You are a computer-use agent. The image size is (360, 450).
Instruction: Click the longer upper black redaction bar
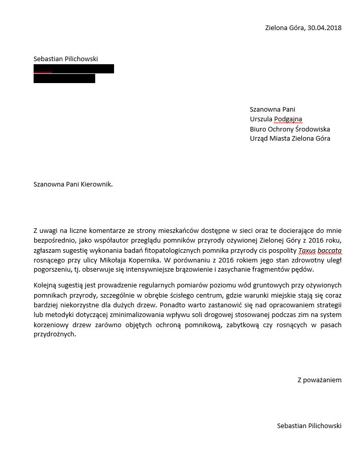(74, 69)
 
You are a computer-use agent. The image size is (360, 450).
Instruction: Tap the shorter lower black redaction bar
(64, 78)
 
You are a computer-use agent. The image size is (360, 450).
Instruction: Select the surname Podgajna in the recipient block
(288, 119)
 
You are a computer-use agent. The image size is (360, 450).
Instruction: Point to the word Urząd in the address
(259, 138)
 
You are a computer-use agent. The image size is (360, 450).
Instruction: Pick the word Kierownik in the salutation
(96, 184)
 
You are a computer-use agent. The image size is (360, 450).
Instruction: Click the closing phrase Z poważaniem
(319, 380)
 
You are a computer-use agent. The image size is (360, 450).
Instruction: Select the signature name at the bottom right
(309, 426)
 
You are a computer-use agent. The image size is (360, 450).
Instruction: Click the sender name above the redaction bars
(66, 59)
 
